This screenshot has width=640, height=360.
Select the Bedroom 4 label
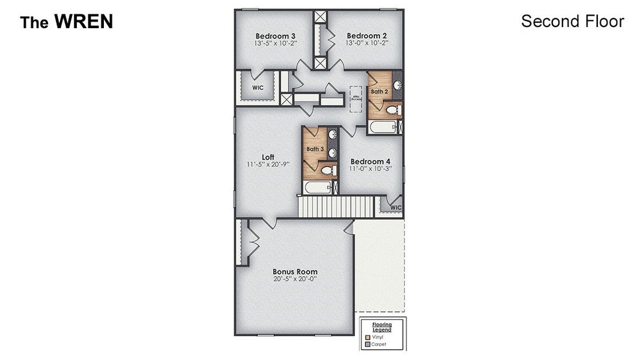[370, 161]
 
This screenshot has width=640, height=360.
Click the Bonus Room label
[295, 272]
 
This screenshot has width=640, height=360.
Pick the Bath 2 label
[379, 92]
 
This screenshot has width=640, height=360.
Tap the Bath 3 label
[315, 149]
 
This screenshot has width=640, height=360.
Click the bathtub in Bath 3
[317, 188]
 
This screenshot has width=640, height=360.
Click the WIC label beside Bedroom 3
[258, 88]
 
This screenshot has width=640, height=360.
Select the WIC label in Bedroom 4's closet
[396, 208]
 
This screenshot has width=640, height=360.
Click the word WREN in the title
[83, 22]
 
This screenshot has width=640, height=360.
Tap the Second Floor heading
[572, 21]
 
